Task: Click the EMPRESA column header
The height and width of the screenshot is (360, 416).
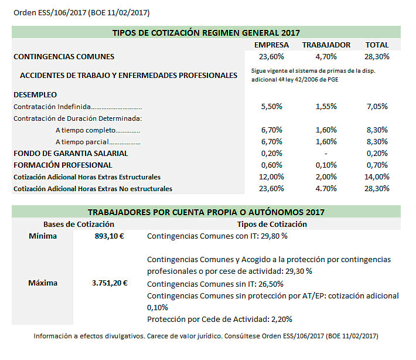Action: (x=271, y=45)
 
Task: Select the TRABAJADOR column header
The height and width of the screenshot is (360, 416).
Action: (x=326, y=45)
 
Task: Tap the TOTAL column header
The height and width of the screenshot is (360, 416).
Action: (x=377, y=45)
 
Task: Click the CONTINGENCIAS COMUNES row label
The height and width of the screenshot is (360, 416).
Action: (x=64, y=57)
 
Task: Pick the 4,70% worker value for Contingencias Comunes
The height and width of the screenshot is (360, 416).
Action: (x=326, y=57)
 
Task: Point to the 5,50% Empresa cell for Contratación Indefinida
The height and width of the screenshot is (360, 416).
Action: (x=271, y=107)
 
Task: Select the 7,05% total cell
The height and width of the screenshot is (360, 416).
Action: (x=377, y=107)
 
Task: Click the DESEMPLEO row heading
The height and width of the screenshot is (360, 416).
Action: (x=35, y=94)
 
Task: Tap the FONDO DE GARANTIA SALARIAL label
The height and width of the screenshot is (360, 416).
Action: (x=70, y=153)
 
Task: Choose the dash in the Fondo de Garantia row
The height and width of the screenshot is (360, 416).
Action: (x=326, y=153)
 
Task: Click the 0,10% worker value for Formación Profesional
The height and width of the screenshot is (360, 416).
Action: (x=326, y=165)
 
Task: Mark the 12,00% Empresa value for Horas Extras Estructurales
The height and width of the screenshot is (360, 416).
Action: (x=271, y=176)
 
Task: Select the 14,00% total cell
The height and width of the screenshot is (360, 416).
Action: (x=377, y=176)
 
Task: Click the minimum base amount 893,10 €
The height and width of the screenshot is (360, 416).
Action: (x=111, y=236)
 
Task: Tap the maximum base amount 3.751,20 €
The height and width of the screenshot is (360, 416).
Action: (x=110, y=283)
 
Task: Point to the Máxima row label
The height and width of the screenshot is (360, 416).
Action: (x=43, y=283)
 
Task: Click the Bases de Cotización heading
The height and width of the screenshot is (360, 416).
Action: (x=79, y=224)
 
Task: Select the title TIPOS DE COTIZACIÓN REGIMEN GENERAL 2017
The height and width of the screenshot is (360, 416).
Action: (x=206, y=33)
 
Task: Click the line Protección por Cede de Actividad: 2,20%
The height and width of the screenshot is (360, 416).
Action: (x=220, y=320)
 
